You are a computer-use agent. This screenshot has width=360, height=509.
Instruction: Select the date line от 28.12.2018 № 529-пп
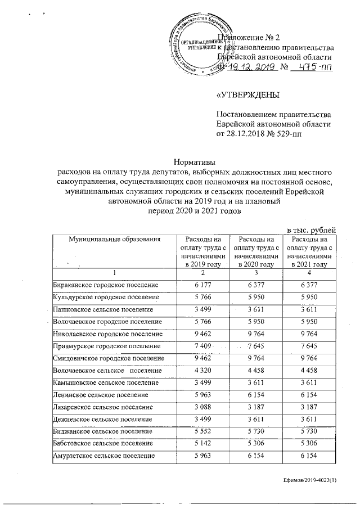pos(263,134)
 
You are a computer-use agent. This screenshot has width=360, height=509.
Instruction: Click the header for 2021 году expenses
pos(309,251)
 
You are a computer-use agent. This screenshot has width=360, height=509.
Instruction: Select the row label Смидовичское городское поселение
pos(108,358)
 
